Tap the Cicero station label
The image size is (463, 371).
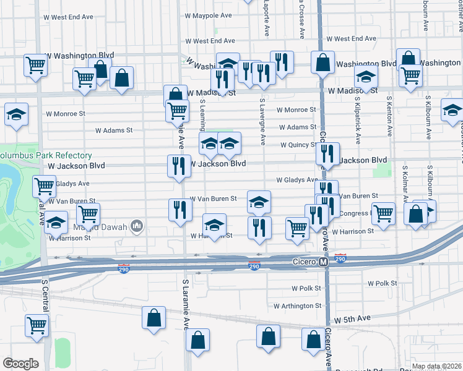click(x=305, y=263)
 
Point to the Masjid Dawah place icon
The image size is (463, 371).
click(x=136, y=228)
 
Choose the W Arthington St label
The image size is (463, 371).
click(x=297, y=305)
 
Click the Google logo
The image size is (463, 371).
click(x=20, y=364)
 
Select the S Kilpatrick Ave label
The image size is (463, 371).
click(x=357, y=117)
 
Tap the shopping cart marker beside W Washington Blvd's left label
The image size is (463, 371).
click(x=36, y=64)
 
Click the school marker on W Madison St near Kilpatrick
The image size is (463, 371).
click(x=366, y=77)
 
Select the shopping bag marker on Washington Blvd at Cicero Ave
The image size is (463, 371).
click(x=322, y=62)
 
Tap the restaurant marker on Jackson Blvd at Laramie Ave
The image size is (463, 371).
click(x=178, y=165)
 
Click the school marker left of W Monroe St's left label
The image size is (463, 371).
click(x=16, y=114)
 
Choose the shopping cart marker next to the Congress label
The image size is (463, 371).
click(x=384, y=213)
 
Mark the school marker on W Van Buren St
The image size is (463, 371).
click(x=259, y=201)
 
